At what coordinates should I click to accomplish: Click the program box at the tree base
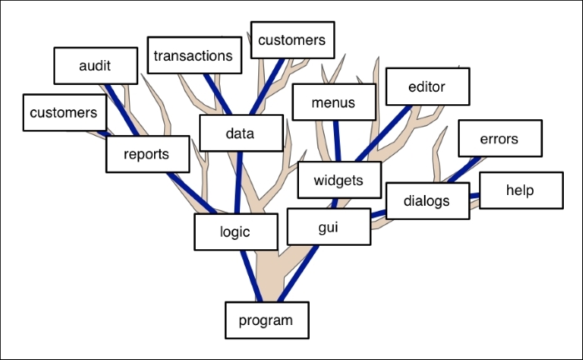coord(267,320)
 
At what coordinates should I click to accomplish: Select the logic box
coord(236,232)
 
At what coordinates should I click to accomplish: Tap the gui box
coord(329,227)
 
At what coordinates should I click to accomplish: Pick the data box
coord(242,133)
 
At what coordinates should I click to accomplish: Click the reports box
coord(147,154)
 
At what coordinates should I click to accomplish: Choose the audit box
coord(96,66)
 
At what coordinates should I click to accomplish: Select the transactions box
coord(194,55)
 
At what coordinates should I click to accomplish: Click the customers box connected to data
coord(292,40)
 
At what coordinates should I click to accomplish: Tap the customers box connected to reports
coord(65,112)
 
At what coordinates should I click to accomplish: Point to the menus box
coord(334,102)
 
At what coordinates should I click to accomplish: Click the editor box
coord(427,87)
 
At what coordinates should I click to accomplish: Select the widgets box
coord(340,180)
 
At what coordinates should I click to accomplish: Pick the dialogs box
coord(427,201)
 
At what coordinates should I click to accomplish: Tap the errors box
coord(500,138)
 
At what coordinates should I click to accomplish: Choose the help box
coord(521,190)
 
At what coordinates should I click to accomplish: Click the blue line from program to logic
coord(252,276)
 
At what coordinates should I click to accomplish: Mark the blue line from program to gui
coord(298,273)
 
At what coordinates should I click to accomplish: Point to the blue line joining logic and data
coord(238,182)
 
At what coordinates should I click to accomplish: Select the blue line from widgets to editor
coord(383,133)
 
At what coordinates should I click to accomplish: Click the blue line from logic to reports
coord(192,193)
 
